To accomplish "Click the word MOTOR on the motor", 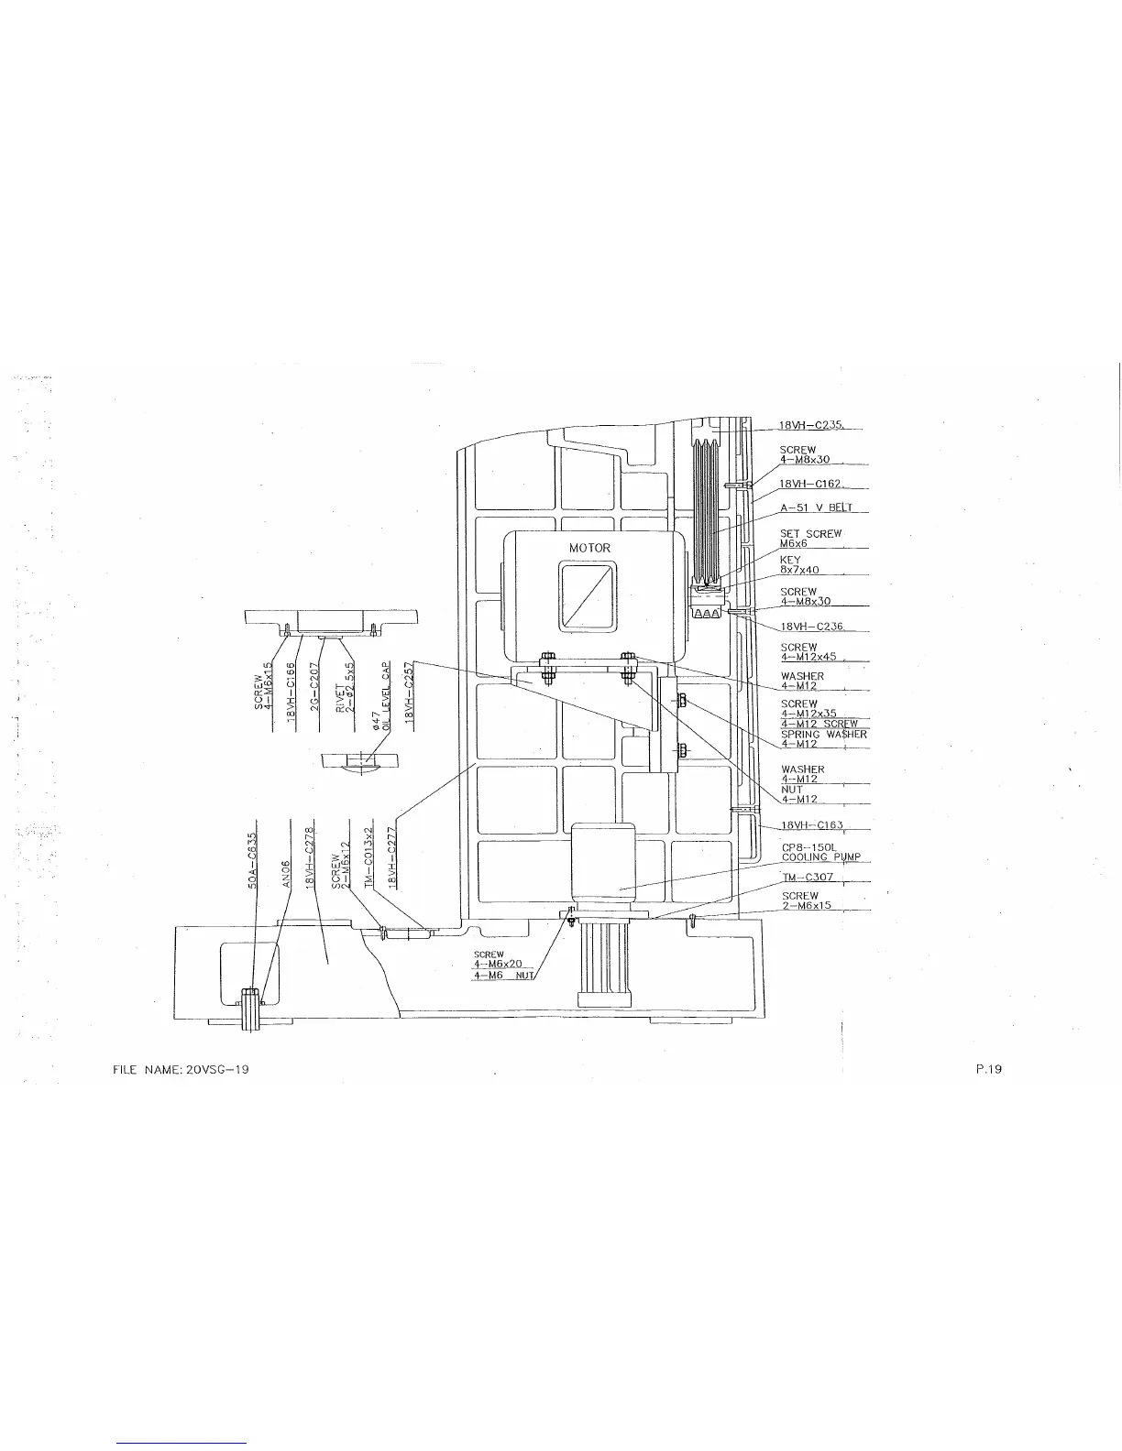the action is click(x=589, y=548).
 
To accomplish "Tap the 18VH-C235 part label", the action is click(x=811, y=425).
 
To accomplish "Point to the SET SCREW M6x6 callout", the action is click(x=810, y=539).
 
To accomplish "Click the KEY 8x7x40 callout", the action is click(x=799, y=565).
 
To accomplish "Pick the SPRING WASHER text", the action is click(x=823, y=735).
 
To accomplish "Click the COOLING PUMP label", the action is click(x=820, y=857).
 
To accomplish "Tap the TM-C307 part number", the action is click(x=807, y=877).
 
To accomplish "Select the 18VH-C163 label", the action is click(x=811, y=826).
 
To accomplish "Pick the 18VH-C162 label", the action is click(x=811, y=483).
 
